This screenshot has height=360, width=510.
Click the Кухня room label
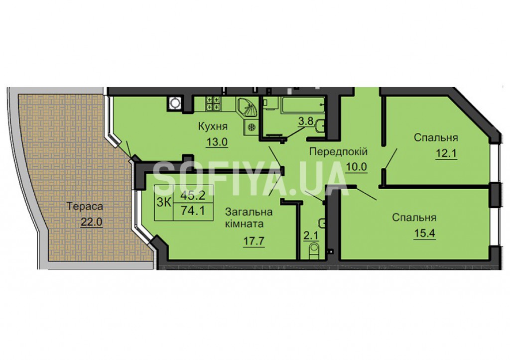(x=213, y=127)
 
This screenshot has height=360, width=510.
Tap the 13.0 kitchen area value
(x=217, y=142)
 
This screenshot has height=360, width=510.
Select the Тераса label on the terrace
(x=85, y=207)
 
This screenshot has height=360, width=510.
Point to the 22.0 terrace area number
(x=92, y=222)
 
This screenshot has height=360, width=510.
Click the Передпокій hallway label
(x=338, y=151)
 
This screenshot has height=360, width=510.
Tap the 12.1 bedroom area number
(x=446, y=152)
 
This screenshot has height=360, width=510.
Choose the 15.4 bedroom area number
(x=424, y=233)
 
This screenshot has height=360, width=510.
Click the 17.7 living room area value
(x=254, y=241)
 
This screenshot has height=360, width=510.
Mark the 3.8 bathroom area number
(x=306, y=121)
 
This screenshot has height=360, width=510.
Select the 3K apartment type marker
(x=164, y=203)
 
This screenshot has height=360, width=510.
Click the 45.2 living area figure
(x=193, y=195)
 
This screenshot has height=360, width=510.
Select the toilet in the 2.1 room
(x=314, y=250)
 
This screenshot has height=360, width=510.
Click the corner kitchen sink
(x=247, y=107)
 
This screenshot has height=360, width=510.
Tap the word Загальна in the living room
(x=249, y=212)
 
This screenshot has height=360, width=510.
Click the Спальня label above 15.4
(x=414, y=218)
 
